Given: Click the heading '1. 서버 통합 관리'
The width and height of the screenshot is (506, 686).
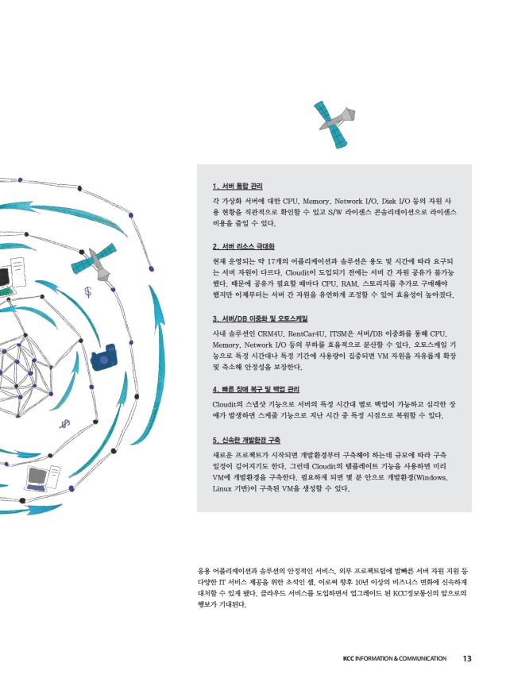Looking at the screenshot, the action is point(238,187).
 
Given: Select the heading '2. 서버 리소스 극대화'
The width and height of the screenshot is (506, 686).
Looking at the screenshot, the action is point(243,247).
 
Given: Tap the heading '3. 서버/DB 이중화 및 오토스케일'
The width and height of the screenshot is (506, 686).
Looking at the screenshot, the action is point(260,318).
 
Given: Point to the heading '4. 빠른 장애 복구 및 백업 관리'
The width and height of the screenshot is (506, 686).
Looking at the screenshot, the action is point(256,389).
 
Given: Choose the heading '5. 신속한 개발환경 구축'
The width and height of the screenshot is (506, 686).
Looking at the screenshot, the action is point(246,440).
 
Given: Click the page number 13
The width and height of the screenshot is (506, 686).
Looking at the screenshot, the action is point(467,658).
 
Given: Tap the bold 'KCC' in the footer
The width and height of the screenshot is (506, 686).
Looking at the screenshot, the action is point(349,658).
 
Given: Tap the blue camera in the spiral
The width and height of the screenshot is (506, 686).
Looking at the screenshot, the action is point(104,357).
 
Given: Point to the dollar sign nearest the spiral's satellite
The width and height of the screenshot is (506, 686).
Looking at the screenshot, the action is point(88,292).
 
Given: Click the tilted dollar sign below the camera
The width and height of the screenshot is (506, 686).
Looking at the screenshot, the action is point(65,423).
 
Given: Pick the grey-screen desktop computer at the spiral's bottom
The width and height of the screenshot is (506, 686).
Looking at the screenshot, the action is point(42,478).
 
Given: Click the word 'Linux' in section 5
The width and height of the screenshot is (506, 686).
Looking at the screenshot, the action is point(222,488).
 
